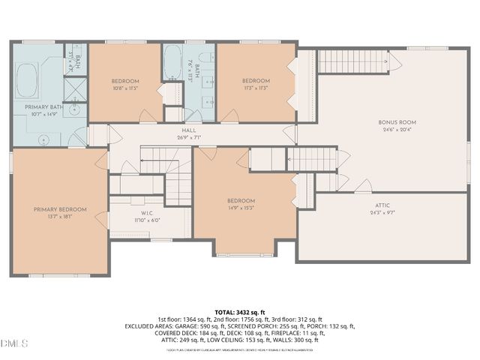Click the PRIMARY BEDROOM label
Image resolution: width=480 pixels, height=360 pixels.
click(x=60, y=209)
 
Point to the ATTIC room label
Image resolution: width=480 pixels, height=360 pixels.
click(x=382, y=205)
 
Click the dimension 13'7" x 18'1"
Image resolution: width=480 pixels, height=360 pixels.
click(x=60, y=217)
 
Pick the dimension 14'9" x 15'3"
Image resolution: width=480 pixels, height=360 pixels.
click(x=241, y=208)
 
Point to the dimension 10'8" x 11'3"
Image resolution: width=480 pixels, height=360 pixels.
click(x=125, y=88)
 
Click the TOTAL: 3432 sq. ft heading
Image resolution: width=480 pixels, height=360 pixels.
click(x=240, y=312)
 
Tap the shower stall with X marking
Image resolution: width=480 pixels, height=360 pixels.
click(x=73, y=88)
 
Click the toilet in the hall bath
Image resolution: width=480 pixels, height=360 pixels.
click(x=193, y=115)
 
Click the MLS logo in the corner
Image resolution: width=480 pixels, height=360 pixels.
click(x=15, y=343)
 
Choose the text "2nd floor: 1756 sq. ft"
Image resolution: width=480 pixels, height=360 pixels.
click(x=239, y=319)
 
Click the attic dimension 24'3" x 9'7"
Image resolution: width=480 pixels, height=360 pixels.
click(x=382, y=212)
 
